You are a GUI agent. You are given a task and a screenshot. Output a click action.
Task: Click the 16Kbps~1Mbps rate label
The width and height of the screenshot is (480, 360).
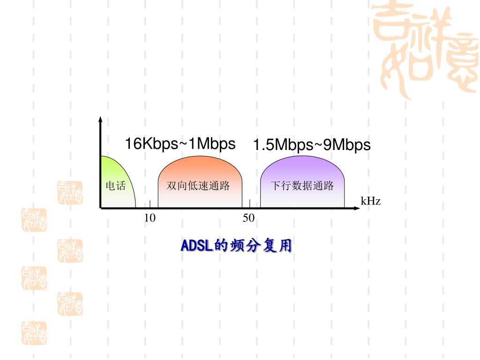[x=180, y=144]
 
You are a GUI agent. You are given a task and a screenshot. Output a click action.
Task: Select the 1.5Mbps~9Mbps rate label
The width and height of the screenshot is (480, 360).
[x=312, y=145]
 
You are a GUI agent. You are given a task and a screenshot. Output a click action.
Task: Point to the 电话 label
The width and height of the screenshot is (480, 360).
[x=115, y=186]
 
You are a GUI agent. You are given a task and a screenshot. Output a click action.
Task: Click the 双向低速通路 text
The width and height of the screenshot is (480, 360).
[x=198, y=186]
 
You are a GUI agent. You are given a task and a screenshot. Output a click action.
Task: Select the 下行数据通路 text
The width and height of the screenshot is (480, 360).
[x=302, y=186]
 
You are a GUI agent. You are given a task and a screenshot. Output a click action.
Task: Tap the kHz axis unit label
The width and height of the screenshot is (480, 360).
[x=370, y=202]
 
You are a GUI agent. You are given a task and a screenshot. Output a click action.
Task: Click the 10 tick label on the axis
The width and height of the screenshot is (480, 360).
[x=150, y=218]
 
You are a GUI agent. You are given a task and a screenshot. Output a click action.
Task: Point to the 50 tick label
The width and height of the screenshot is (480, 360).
[x=248, y=218]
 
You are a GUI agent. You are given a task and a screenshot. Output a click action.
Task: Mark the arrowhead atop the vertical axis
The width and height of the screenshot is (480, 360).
[x=100, y=119]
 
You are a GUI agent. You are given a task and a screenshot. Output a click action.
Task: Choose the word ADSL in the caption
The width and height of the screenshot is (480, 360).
[x=197, y=245]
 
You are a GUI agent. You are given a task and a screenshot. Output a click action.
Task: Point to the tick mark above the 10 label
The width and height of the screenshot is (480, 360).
[x=150, y=203]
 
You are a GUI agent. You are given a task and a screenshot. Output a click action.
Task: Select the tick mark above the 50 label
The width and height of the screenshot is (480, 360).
[x=250, y=203]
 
